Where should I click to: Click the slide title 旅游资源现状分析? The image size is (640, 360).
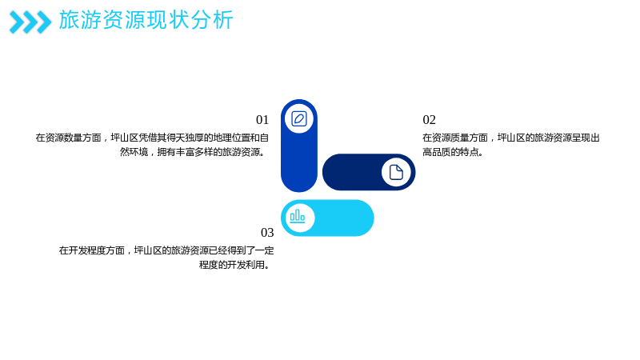146,20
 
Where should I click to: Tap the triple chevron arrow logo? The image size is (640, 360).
30,22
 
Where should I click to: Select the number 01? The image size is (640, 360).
262,120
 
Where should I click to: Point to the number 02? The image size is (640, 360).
429,120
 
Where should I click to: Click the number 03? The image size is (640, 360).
267,233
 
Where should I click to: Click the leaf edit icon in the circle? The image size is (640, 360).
299,118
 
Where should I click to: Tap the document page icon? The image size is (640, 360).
396,172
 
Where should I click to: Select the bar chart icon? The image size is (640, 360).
298,217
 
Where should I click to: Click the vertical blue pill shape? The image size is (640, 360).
299,146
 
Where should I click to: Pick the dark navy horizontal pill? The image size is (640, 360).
369,172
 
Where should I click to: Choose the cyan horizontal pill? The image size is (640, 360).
327,218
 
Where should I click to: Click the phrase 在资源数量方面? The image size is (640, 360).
68,138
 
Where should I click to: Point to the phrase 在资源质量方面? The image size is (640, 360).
455,138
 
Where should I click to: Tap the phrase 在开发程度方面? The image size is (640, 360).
91,250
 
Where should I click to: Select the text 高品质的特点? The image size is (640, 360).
450,152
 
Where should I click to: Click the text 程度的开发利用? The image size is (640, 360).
232,265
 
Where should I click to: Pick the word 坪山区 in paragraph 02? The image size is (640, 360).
511,138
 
